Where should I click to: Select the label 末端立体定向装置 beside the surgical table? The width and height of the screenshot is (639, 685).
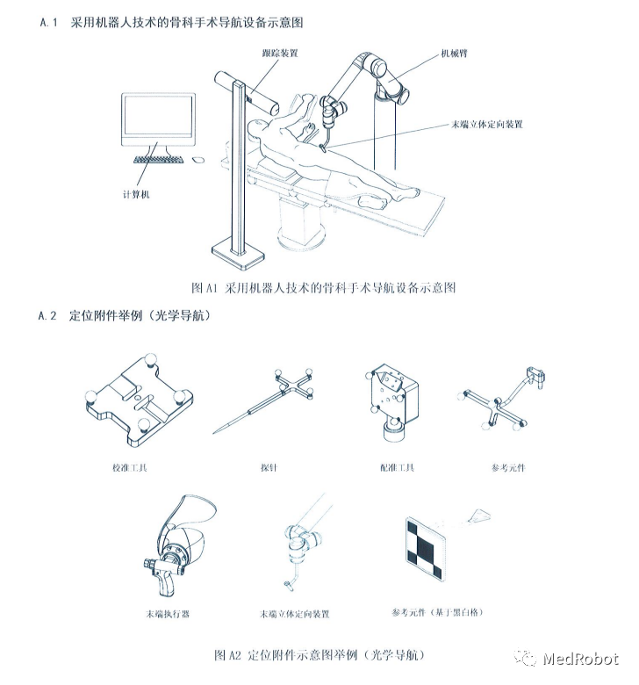click(487, 125)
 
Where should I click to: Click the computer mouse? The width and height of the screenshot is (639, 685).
click(197, 159)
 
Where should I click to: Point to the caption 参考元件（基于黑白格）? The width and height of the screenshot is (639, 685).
click(437, 611)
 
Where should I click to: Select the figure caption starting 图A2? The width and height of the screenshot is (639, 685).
click(326, 655)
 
